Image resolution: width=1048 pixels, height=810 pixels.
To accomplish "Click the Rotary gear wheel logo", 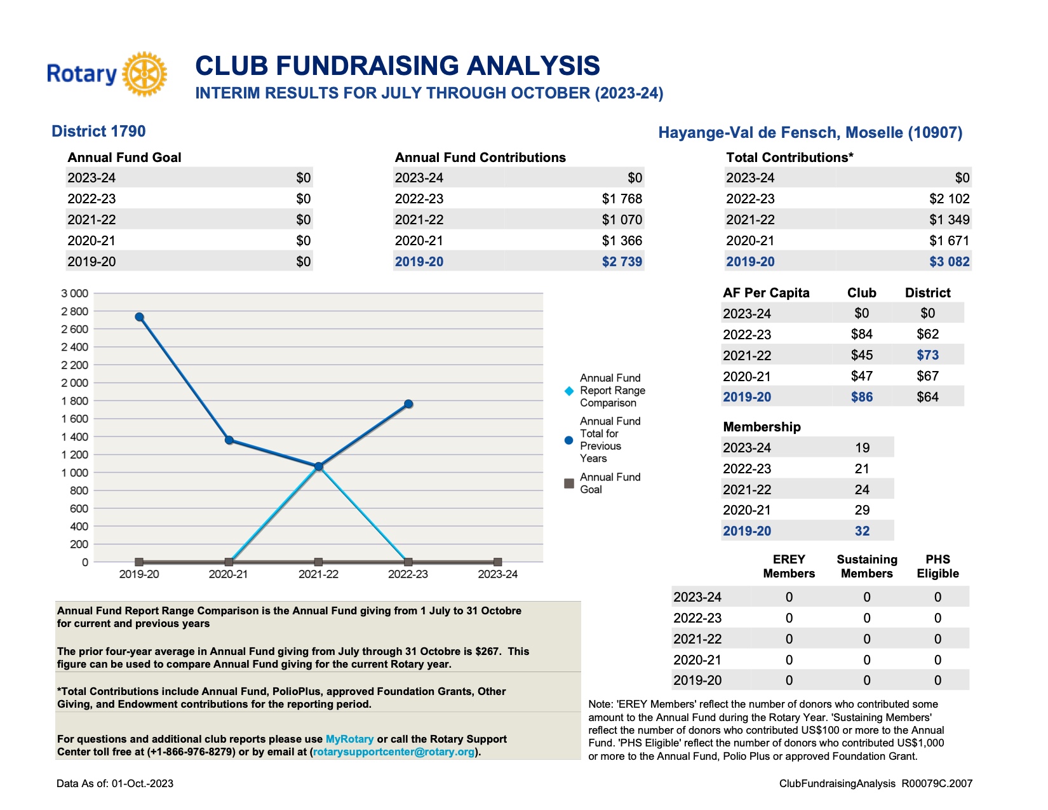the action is click(144, 74).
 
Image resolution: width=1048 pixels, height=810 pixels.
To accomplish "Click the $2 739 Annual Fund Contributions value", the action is click(622, 262).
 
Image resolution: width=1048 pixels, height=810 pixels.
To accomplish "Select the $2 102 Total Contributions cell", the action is click(949, 199).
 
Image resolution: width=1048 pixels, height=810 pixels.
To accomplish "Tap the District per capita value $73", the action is click(927, 355).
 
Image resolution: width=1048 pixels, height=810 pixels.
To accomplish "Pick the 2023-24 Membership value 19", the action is click(863, 448).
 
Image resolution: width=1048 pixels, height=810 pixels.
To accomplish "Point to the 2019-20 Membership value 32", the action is click(863, 531).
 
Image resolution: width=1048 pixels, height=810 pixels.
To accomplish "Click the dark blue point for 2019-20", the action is click(139, 317).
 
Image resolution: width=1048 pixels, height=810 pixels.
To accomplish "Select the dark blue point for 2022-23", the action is click(408, 404).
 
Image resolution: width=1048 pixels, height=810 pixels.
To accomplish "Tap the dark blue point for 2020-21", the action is click(229, 440).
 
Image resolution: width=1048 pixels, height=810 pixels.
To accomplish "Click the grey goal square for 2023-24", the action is click(498, 562).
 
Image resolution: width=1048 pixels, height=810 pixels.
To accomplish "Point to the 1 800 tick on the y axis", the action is click(75, 401).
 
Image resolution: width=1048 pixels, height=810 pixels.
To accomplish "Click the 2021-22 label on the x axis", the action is click(318, 574).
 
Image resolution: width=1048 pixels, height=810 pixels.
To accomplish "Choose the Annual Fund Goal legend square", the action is click(569, 483).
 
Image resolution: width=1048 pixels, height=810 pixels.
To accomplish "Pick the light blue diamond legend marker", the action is click(569, 391).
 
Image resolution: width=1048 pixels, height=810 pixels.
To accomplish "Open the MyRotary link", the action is click(350, 739).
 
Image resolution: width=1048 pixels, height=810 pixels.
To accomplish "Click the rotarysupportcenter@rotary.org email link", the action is click(394, 752).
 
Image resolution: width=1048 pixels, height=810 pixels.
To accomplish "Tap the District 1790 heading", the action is click(98, 132).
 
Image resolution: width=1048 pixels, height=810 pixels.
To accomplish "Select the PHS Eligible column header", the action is click(937, 567).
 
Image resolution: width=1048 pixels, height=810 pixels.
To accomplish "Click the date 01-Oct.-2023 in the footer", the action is click(142, 783).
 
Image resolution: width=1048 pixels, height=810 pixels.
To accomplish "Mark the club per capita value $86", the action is click(861, 397).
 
